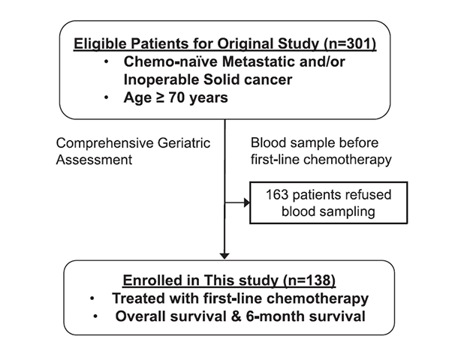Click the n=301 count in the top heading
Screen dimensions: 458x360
pyautogui.click(x=353, y=43)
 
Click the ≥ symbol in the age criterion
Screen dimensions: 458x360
pyautogui.click(x=160, y=97)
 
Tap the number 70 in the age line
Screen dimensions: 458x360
pyautogui.click(x=176, y=97)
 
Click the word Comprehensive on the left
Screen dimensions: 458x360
pyautogui.click(x=105, y=143)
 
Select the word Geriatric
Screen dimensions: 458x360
pyautogui.click(x=184, y=143)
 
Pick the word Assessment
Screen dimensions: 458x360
pyautogui.click(x=94, y=160)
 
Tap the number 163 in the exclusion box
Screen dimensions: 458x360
pyautogui.click(x=277, y=194)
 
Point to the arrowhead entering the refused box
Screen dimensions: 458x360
pyautogui.click(x=247, y=202)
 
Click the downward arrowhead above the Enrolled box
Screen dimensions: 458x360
pyautogui.click(x=224, y=256)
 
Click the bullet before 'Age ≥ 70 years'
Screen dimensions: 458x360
pyautogui.click(x=107, y=97)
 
